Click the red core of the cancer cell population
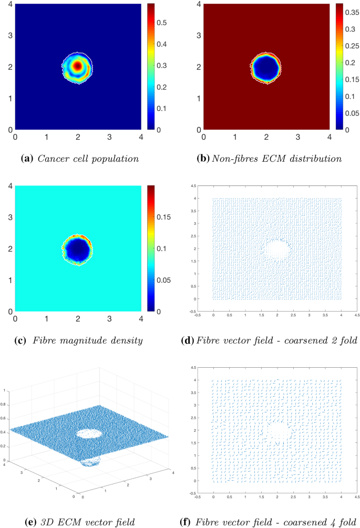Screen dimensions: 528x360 (78, 66)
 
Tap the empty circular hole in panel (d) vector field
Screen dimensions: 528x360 (277, 248)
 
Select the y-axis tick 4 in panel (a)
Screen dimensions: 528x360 (9, 5)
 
